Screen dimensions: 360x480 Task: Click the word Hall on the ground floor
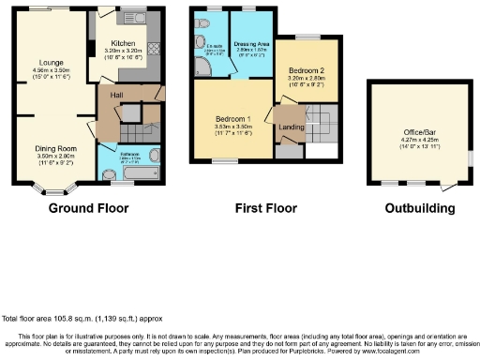pos(117,94)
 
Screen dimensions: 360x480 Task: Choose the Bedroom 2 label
pos(307,70)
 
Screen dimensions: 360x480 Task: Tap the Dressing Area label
pos(250,43)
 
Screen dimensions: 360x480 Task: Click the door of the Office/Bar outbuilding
pos(467,160)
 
